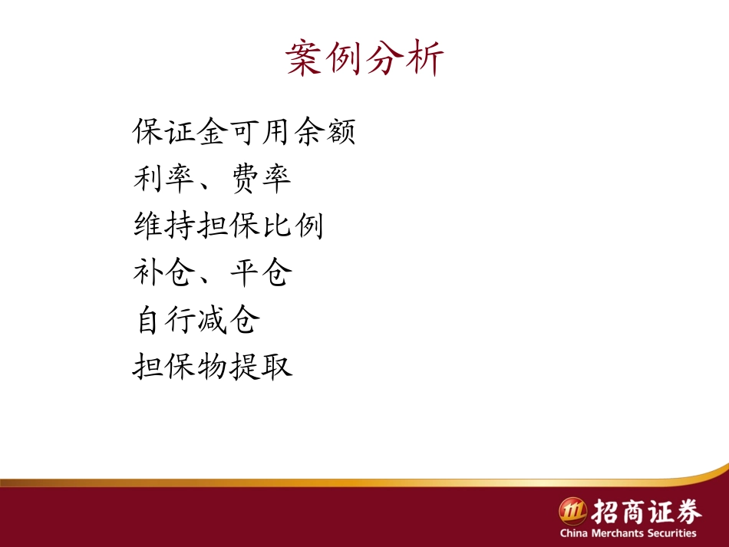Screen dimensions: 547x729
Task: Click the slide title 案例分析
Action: tap(364, 58)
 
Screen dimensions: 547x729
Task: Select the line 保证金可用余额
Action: tap(244, 132)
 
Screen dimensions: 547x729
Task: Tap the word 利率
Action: tap(164, 180)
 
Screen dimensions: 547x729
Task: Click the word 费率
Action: tap(260, 180)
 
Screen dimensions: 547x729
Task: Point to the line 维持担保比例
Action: tap(228, 226)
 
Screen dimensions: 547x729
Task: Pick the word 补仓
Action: tap(164, 273)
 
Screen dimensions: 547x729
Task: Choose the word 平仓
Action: tap(260, 273)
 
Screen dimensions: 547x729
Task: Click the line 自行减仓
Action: tap(196, 320)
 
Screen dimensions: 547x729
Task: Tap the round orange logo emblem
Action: tap(572, 511)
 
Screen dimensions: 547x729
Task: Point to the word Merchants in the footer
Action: tap(615, 533)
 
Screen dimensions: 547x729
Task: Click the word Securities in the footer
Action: tap(670, 533)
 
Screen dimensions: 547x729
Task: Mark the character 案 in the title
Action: tap(304, 58)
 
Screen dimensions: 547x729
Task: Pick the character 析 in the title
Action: tap(425, 58)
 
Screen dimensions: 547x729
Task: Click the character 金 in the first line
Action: tap(212, 132)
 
